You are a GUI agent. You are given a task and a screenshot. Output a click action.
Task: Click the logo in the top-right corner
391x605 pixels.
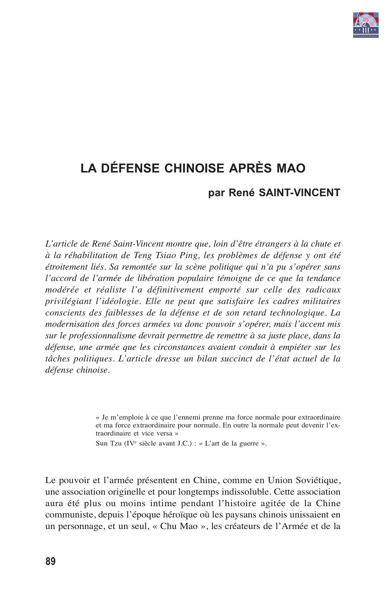[366, 25]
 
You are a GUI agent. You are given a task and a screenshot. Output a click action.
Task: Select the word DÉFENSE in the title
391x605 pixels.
[130, 168]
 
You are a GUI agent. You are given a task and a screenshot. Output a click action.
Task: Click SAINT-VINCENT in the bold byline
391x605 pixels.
[299, 193]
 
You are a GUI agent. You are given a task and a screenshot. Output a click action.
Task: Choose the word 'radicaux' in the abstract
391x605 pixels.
[323, 290]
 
